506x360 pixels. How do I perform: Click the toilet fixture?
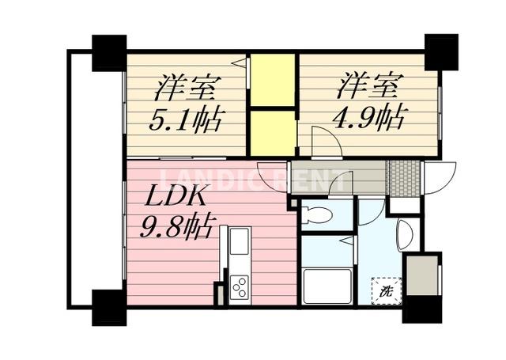tap(319, 214)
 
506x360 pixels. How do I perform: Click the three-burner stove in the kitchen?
tap(239, 286)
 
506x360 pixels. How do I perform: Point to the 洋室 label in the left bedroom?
tap(187, 85)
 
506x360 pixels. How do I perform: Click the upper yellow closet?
tap(273, 79)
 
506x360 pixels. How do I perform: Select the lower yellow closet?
tap(273, 132)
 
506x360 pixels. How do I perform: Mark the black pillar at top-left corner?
tap(109, 53)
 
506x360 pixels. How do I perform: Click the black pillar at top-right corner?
tap(440, 52)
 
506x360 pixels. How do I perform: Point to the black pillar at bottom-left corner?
tap(108, 307)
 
